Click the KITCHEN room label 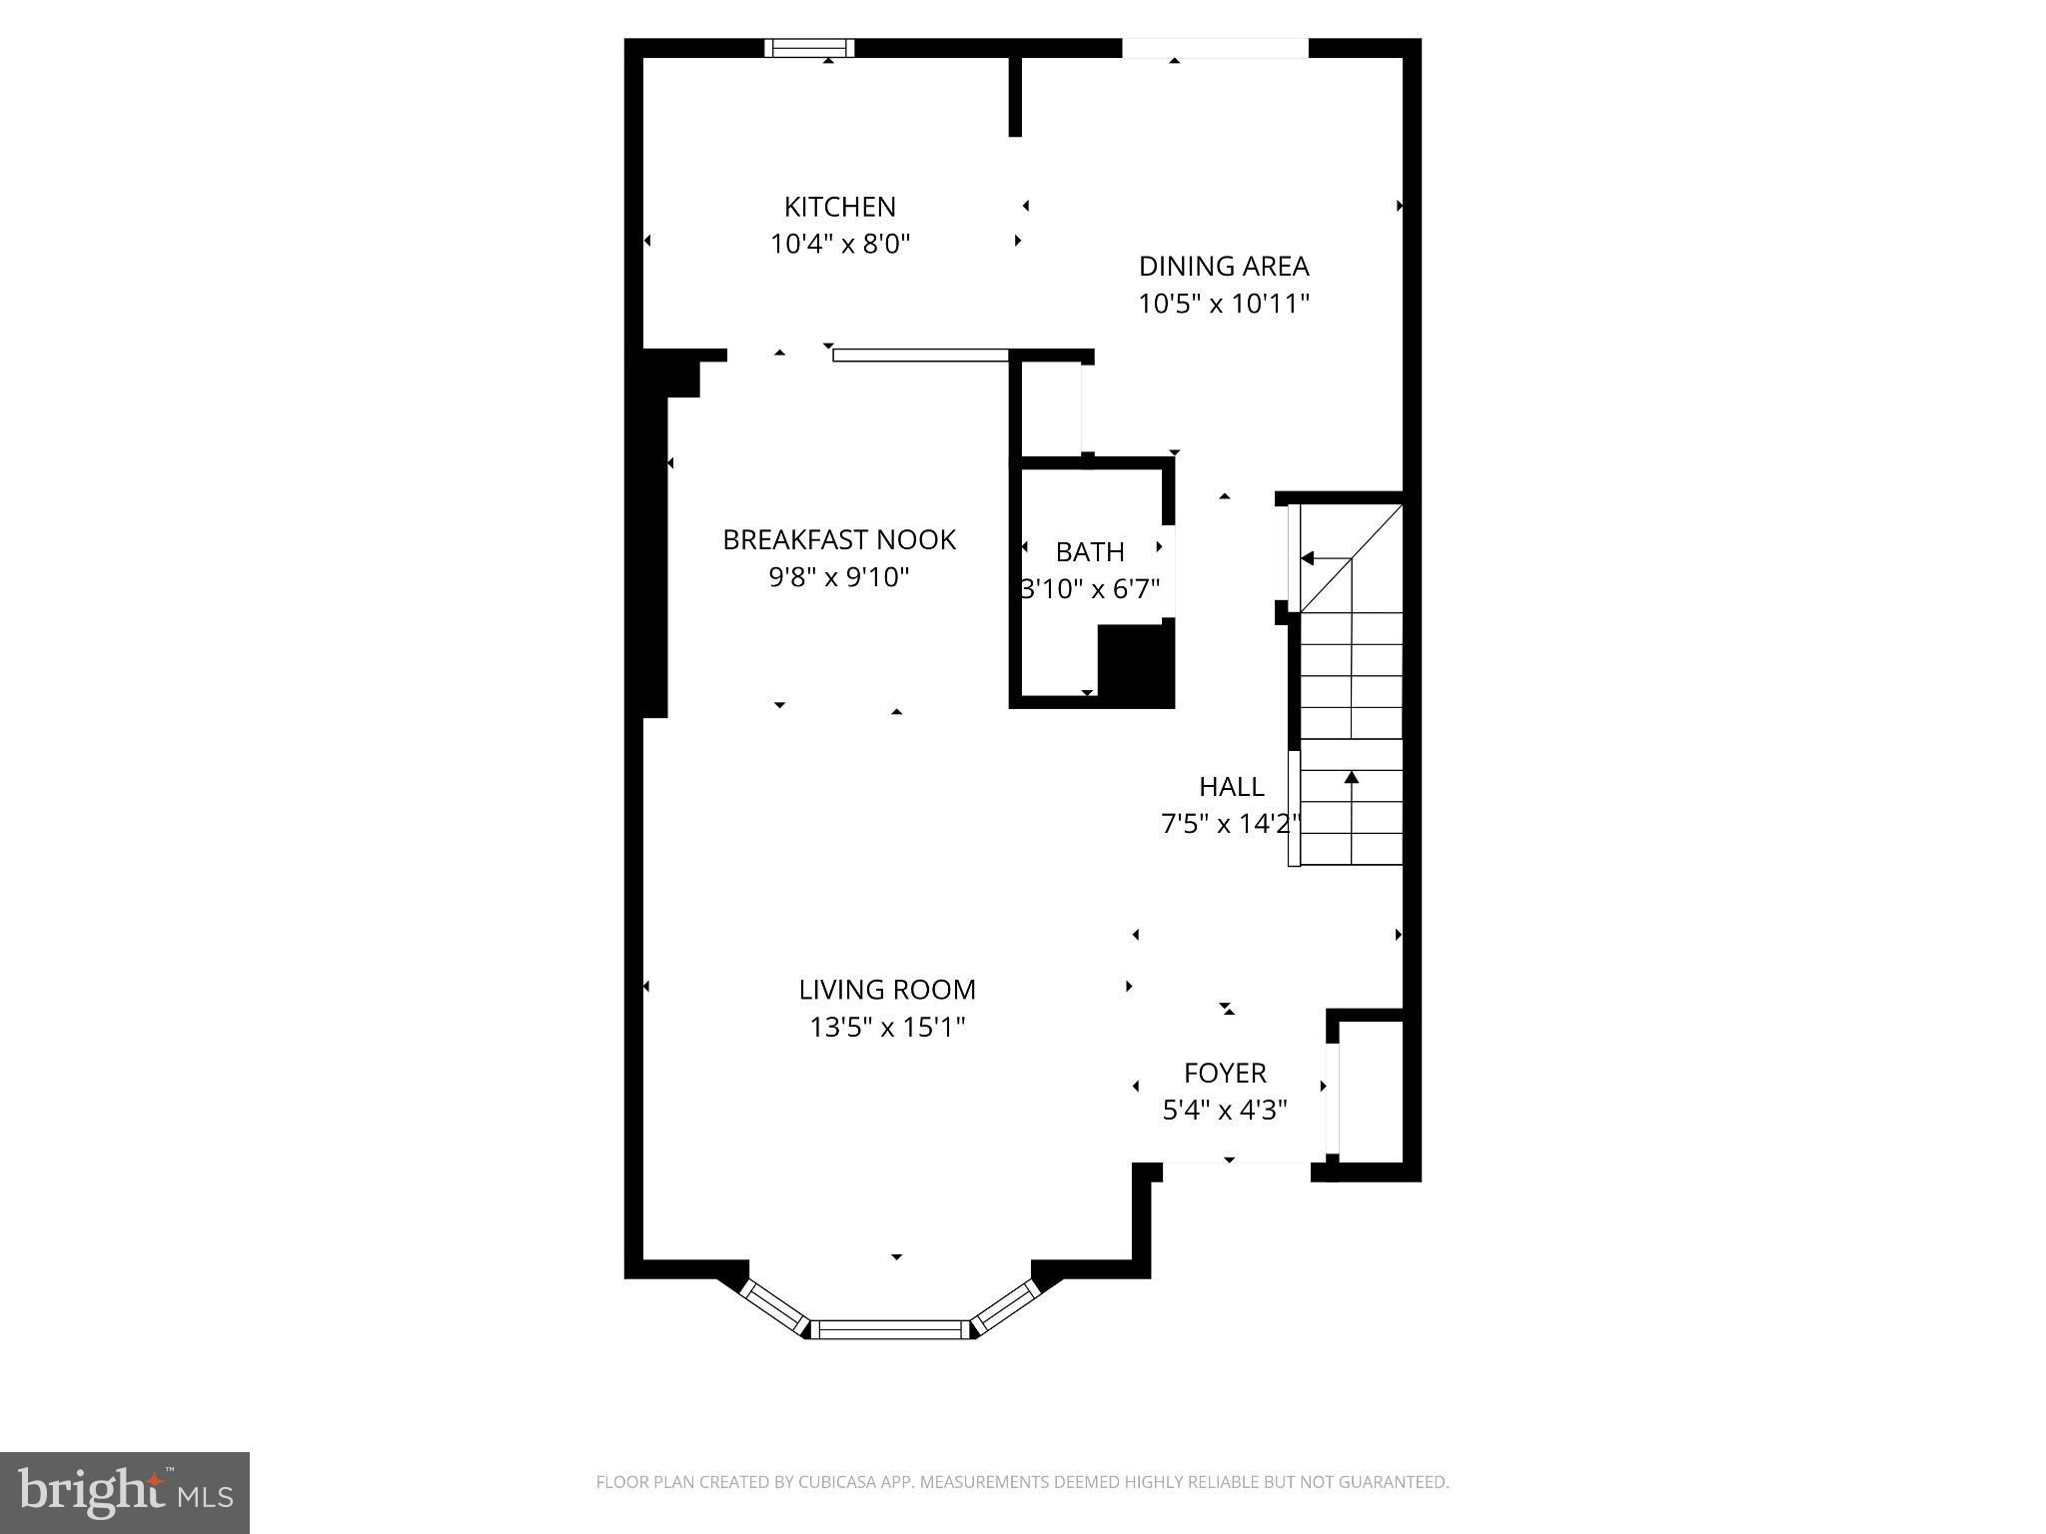pos(839,207)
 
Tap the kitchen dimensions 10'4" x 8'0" pos(840,244)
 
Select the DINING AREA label pos(1224,266)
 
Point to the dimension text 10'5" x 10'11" pos(1224,303)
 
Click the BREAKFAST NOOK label pos(839,539)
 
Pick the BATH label pos(1090,551)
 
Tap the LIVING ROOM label pos(887,990)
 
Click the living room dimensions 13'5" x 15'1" pos(887,1027)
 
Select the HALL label pos(1232,787)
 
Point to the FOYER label pos(1225,1073)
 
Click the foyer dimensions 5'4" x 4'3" pos(1225,1110)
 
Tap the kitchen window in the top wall pos(809,48)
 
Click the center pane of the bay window pos(890,1329)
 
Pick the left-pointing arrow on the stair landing pos(1325,559)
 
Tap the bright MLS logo pos(125,1493)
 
